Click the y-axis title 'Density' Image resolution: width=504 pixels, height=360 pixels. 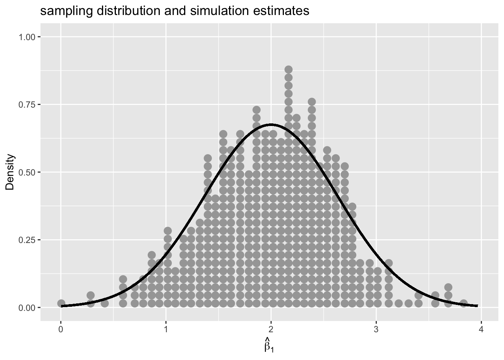click(10, 172)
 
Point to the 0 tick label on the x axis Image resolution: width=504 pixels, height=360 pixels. click(61, 330)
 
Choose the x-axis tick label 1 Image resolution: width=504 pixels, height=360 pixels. click(166, 330)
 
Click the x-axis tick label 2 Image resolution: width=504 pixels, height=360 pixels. click(271, 330)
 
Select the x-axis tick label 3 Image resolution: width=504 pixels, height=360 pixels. click(376, 330)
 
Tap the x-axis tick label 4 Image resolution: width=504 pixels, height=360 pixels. click(481, 330)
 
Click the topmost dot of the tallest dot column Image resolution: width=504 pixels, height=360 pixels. click(288, 69)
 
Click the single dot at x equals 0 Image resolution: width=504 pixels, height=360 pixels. click(61, 303)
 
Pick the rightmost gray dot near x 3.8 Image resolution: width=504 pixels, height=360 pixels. click(463, 303)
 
